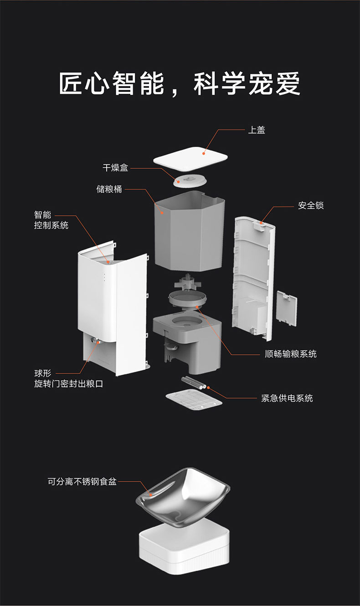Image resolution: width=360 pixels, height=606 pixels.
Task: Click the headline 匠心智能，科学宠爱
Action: pos(180,83)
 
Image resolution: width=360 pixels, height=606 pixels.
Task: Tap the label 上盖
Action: pos(256,130)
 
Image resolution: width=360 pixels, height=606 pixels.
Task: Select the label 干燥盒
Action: pos(115,168)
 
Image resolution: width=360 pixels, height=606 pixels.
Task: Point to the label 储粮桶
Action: pos(109,189)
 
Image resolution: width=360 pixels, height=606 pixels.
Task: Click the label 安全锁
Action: pos(311,206)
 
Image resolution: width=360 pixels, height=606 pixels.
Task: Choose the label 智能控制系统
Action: pos(51,220)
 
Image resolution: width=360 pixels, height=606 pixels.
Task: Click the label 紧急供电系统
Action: pos(287,398)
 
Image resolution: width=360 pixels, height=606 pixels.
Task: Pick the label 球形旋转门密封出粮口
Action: pos(68,379)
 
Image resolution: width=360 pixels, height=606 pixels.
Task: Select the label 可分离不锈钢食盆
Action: pos(82,481)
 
